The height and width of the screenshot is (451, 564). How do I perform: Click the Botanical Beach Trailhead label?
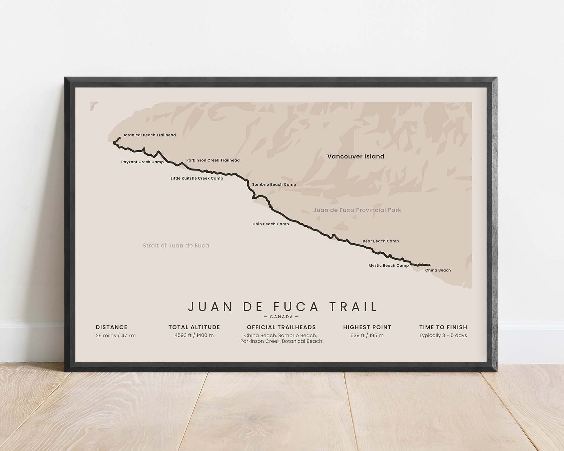tap(149, 135)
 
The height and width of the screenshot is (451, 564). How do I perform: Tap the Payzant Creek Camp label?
tap(142, 162)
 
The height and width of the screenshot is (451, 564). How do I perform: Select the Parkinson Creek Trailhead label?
tap(213, 160)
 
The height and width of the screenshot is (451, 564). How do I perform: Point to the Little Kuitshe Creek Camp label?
tap(197, 179)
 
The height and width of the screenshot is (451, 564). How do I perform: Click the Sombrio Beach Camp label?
tap(274, 185)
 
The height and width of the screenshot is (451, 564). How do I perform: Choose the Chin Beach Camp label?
tap(271, 224)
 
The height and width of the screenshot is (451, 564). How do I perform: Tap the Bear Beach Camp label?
tap(381, 241)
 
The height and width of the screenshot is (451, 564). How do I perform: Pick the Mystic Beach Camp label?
tap(388, 266)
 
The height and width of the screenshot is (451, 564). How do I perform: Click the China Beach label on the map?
tap(438, 270)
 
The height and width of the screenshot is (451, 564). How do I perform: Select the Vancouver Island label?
tap(356, 157)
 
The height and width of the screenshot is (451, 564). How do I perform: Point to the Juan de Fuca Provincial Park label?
tap(357, 210)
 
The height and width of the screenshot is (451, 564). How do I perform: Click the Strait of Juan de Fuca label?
tap(176, 246)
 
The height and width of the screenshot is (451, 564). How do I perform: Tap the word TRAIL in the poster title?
tap(353, 307)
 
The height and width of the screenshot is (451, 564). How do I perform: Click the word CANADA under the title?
tap(281, 317)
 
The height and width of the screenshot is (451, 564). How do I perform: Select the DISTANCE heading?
tap(111, 328)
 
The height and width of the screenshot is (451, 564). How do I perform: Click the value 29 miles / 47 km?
tap(115, 336)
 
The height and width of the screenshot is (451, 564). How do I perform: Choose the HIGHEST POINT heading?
tap(367, 328)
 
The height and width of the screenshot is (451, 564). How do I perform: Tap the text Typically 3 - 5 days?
tap(443, 336)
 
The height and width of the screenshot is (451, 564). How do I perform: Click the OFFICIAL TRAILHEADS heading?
tap(281, 328)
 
